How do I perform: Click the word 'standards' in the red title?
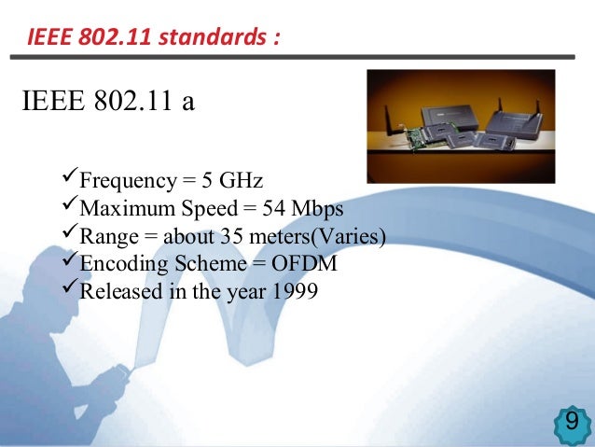pyautogui.click(x=214, y=39)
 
